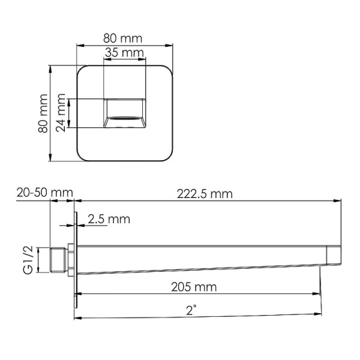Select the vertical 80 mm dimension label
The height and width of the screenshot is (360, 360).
pos(43,114)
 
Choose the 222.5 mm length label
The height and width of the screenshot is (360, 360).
pos(205,194)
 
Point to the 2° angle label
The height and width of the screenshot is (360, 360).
pos(191,310)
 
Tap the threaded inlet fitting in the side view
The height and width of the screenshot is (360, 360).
pos(59,260)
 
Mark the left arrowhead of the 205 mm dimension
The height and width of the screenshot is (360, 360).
pos(79,294)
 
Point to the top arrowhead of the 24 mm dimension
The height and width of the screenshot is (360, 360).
pos(70,101)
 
